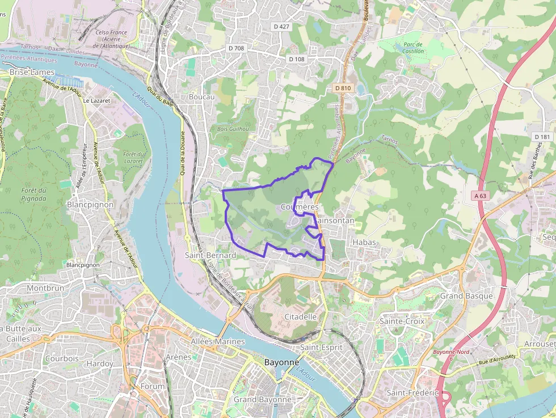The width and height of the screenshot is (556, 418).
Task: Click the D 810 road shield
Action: pos(343,88)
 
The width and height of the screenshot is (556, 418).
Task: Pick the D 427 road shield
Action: pos(281,26)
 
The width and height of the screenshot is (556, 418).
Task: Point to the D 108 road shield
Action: pos(297,59)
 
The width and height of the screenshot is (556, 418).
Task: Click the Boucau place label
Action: pos(202,97)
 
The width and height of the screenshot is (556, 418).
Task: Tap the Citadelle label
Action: pos(300,316)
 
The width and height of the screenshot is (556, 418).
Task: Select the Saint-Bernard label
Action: pos(210,255)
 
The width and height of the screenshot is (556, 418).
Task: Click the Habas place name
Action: pos(364,242)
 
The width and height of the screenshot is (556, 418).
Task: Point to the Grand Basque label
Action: pos(467,295)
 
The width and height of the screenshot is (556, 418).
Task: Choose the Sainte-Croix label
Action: pos(402,321)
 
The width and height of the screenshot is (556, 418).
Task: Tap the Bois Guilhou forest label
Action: pos(233,129)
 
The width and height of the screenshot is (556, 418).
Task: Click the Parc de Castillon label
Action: pos(413,48)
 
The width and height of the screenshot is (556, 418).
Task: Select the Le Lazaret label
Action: pos(96,100)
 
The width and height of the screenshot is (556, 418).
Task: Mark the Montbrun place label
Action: pos(45,288)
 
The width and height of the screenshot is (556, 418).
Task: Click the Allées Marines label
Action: pos(218,341)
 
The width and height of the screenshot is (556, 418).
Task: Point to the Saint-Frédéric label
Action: pos(412,392)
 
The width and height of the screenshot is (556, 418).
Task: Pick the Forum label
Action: pos(153,386)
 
